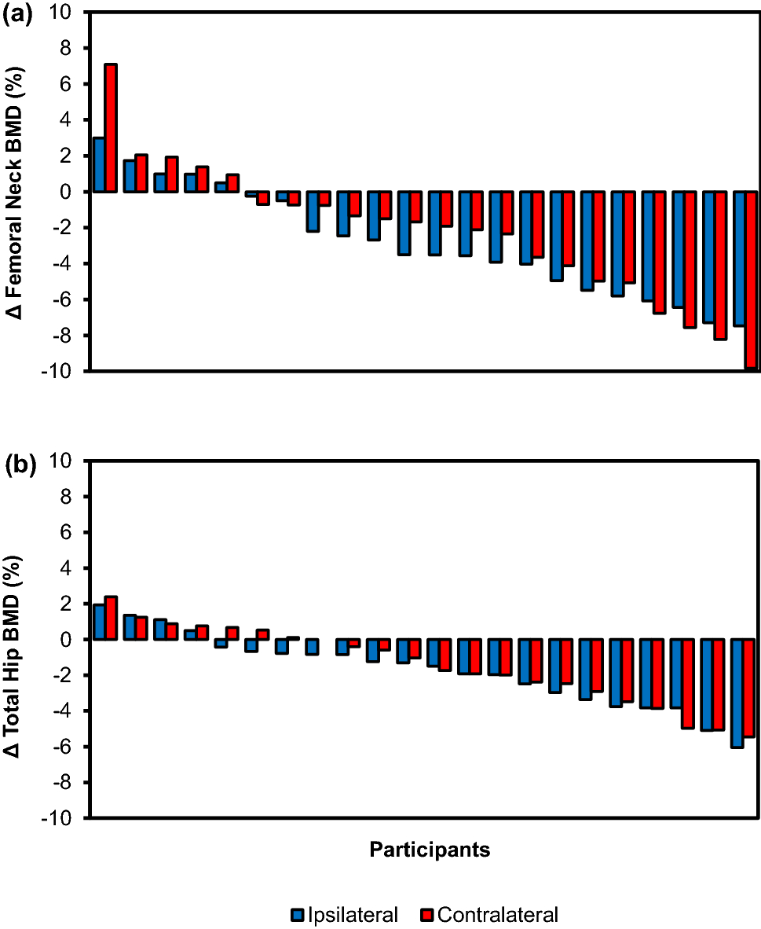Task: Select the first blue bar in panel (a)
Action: pyautogui.click(x=99, y=164)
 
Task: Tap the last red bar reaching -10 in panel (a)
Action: pyautogui.click(x=751, y=280)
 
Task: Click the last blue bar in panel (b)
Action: pyautogui.click(x=737, y=692)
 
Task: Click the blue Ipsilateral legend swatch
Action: pyautogui.click(x=297, y=915)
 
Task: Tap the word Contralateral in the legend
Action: pyautogui.click(x=497, y=915)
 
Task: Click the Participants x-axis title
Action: pyautogui.click(x=430, y=850)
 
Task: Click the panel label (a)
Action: pyautogui.click(x=17, y=17)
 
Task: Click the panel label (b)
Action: pyautogui.click(x=17, y=464)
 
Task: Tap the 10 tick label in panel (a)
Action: pyautogui.click(x=68, y=13)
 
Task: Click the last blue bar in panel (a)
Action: pyautogui.click(x=739, y=259)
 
